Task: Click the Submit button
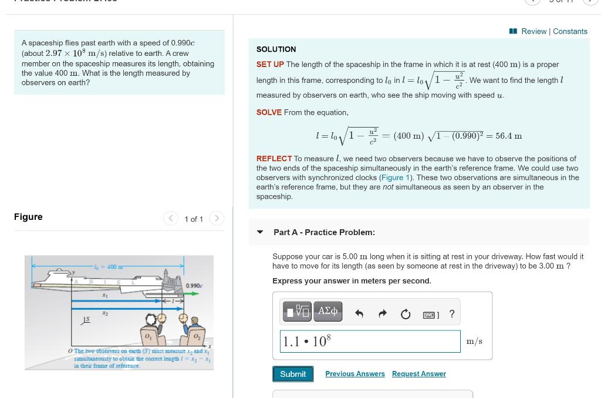pyautogui.click(x=293, y=374)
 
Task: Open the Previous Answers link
pyautogui.click(x=355, y=374)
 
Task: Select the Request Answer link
pyautogui.click(x=418, y=374)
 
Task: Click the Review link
pyautogui.click(x=534, y=31)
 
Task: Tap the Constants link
pyautogui.click(x=570, y=31)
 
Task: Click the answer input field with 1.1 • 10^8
pyautogui.click(x=370, y=341)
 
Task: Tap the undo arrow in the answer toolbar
pyautogui.click(x=359, y=314)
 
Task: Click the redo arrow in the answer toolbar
pyautogui.click(x=383, y=314)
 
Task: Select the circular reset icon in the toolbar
pyautogui.click(x=406, y=314)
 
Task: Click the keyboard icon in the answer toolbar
pyautogui.click(x=430, y=315)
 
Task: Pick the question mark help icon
pyautogui.click(x=451, y=314)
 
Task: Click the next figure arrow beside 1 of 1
pyautogui.click(x=217, y=219)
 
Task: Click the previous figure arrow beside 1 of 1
pyautogui.click(x=171, y=219)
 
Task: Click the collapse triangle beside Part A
pyautogui.click(x=260, y=232)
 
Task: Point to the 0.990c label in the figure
pyautogui.click(x=194, y=286)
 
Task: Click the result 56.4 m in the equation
pyautogui.click(x=508, y=136)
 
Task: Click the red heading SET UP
pyautogui.click(x=270, y=65)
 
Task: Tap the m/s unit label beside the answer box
pyautogui.click(x=474, y=341)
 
